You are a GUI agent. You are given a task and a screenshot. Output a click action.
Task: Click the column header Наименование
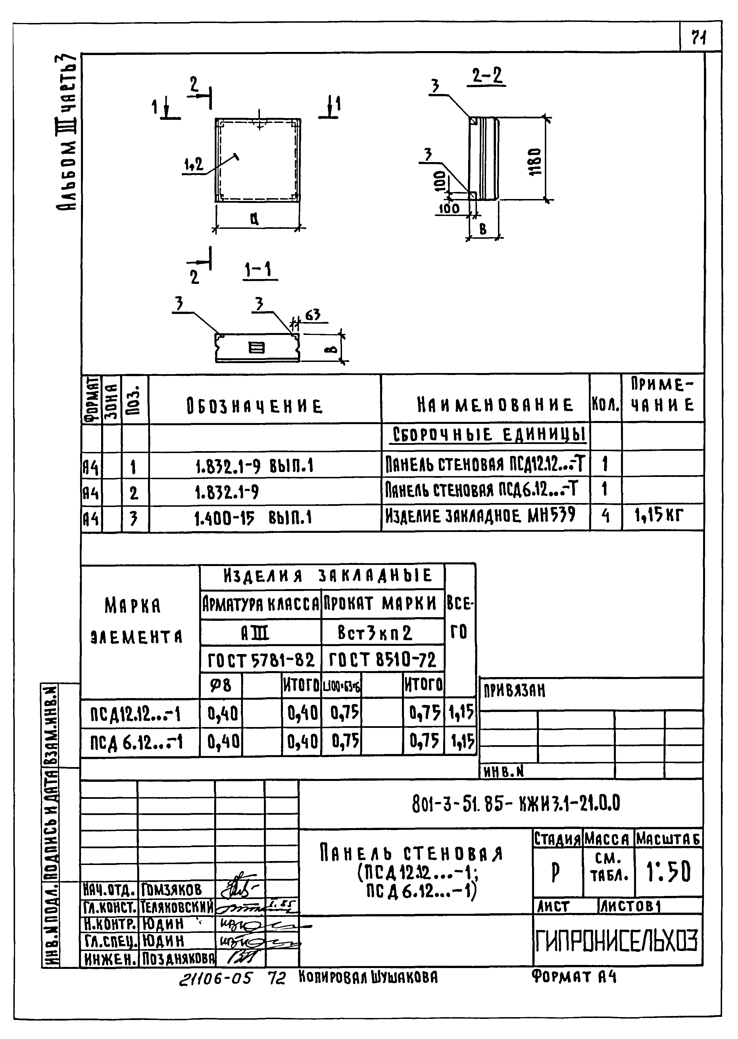pos(495,405)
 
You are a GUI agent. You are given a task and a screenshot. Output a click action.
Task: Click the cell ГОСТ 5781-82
pos(261,660)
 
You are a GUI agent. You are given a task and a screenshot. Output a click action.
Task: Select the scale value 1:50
pos(668,872)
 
